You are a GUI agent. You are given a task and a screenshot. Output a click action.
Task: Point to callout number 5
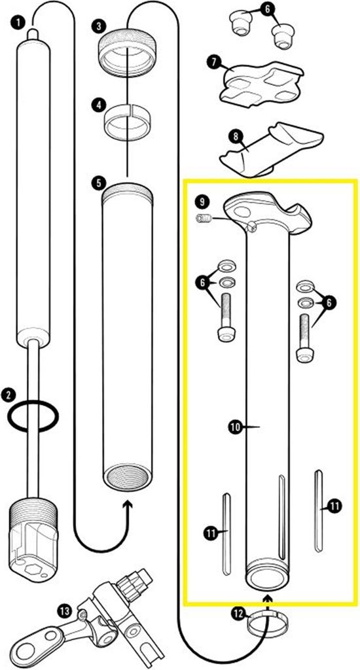[x=99, y=183]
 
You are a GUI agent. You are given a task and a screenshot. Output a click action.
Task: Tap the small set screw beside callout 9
[x=204, y=219]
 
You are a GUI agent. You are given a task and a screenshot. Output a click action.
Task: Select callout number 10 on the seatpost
[x=235, y=427]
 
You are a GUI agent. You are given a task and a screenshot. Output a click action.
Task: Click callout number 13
[x=65, y=612]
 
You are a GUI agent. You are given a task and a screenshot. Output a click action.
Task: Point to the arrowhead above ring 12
[x=268, y=597]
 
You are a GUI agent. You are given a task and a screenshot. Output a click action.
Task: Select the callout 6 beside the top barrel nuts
[x=267, y=10]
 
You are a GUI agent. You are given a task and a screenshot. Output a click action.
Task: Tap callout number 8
[x=235, y=137]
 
